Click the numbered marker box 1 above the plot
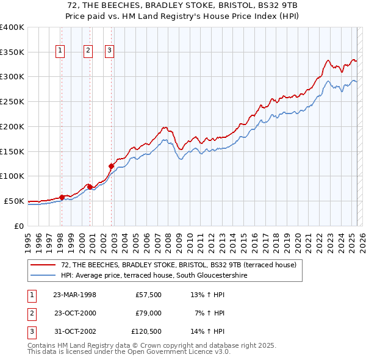pos(61,51)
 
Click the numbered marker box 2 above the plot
pos(88,51)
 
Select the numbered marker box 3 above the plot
pos(109,51)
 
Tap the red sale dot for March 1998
pos(62,197)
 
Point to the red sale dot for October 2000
pos(90,187)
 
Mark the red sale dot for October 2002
pos(111,166)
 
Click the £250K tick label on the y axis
pos(12,102)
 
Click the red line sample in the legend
pos(44,265)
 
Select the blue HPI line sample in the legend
pos(44,275)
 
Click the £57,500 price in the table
pos(148,295)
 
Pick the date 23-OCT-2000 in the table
pos(75,313)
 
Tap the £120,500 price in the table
pos(146,331)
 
